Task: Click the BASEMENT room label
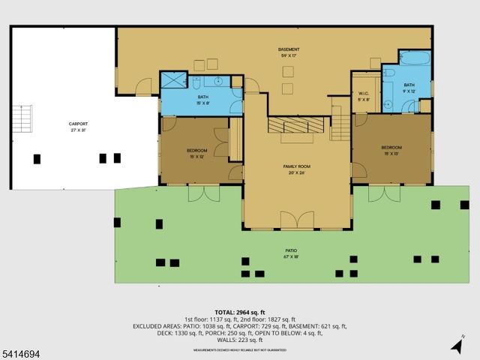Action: pos(289,52)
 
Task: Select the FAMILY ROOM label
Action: pos(296,168)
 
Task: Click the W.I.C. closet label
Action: pos(364,96)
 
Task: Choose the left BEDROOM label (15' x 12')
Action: pos(196,153)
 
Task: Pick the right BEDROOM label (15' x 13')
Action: pos(391,150)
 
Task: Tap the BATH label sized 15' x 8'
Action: pos(203,100)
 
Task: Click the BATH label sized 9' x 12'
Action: pos(409,88)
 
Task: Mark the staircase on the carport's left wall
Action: pos(24,120)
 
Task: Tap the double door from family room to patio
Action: pos(296,220)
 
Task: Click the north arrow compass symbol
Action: pos(457,344)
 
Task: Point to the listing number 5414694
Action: pos(22,351)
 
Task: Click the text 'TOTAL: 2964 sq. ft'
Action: pos(239,312)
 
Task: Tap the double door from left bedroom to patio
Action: pos(201,193)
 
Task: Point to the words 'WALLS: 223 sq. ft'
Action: pos(239,340)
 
